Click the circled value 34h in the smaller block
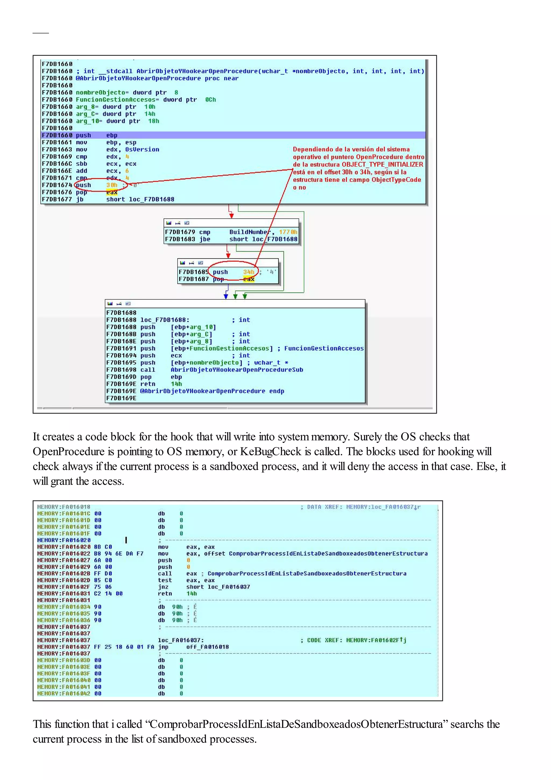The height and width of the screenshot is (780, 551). [248, 272]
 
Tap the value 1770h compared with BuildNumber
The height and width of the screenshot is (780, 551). [288, 232]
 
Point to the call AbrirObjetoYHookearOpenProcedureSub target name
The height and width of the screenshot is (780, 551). [237, 370]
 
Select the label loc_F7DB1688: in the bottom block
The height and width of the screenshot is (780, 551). [165, 320]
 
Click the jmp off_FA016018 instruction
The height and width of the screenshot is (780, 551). [193, 647]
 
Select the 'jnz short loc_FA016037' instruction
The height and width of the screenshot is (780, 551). [204, 587]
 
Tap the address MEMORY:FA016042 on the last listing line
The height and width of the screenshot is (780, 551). [63, 693]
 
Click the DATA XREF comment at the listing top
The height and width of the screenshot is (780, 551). [360, 507]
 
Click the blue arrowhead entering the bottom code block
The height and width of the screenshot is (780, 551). [226, 296]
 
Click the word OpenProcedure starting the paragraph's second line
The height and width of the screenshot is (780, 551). [69, 452]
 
